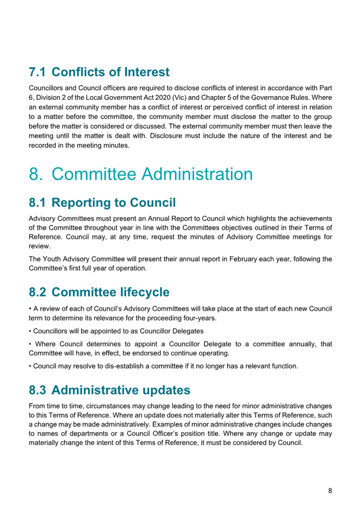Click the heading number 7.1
pyautogui.click(x=37, y=72)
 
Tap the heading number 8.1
pyautogui.click(x=37, y=203)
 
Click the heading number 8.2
pyautogui.click(x=37, y=292)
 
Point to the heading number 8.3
pyautogui.click(x=37, y=390)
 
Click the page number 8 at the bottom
pyautogui.click(x=330, y=491)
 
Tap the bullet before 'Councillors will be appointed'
pyautogui.click(x=30, y=331)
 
